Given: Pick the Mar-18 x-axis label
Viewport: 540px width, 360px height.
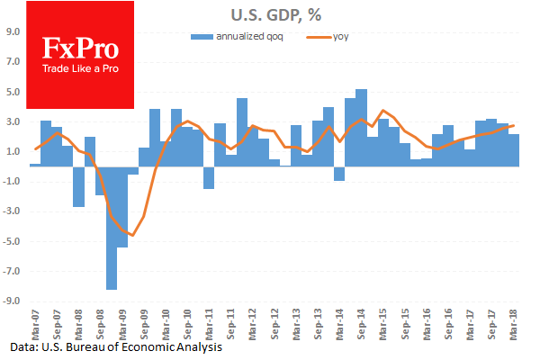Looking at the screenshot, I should coord(513,322).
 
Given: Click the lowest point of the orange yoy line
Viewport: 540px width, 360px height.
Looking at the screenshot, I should coord(132,236).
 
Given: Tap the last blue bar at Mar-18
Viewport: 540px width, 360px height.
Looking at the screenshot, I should coord(513,150).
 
